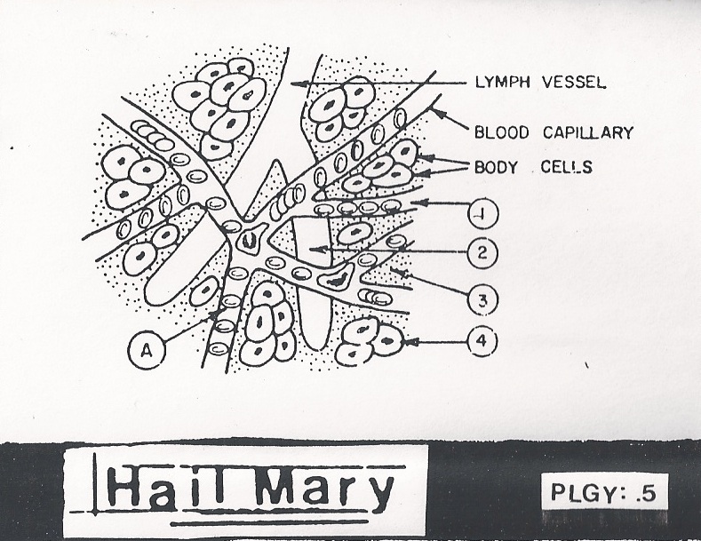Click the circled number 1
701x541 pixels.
click(x=480, y=213)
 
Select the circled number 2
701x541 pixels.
click(x=480, y=252)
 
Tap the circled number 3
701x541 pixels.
click(x=481, y=299)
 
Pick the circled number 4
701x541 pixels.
click(x=481, y=340)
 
